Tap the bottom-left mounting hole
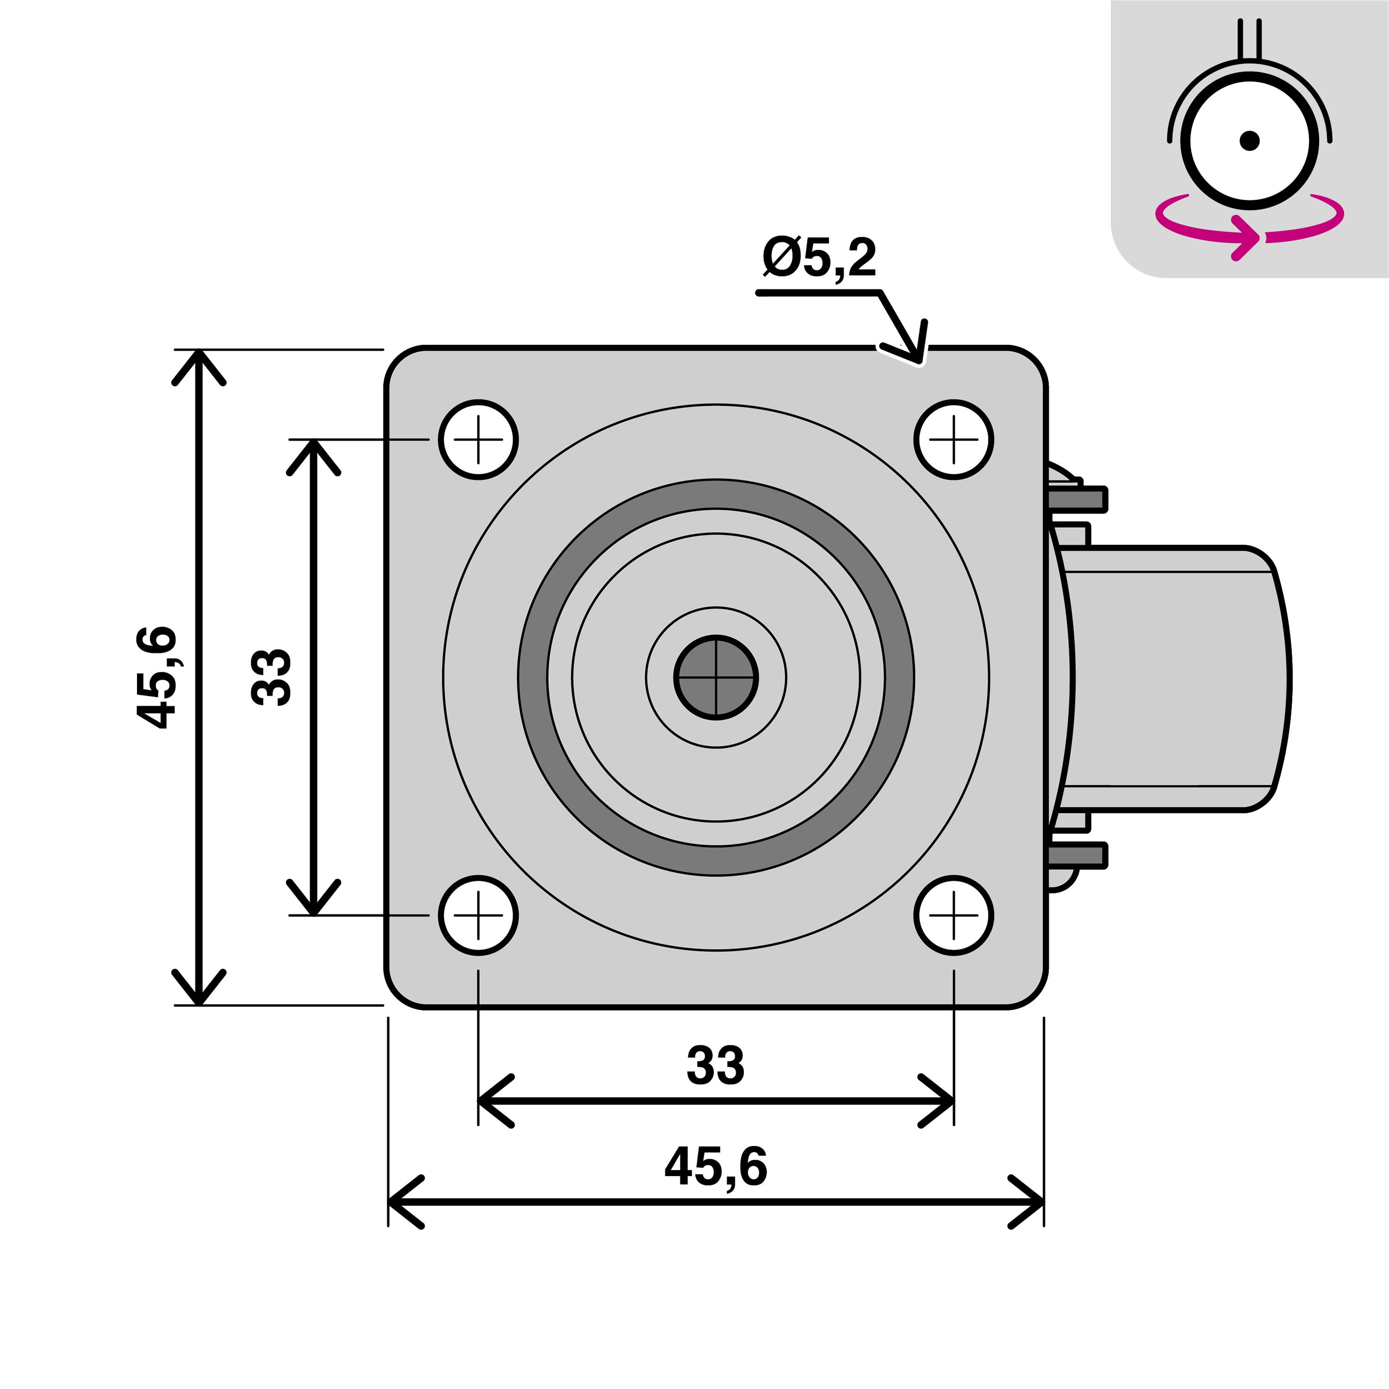(x=478, y=915)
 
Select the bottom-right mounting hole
(x=954, y=915)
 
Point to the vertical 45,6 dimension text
(x=156, y=677)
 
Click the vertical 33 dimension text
(x=271, y=677)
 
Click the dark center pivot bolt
(x=716, y=677)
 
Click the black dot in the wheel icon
(x=1250, y=140)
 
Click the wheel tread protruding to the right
(x=1179, y=678)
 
